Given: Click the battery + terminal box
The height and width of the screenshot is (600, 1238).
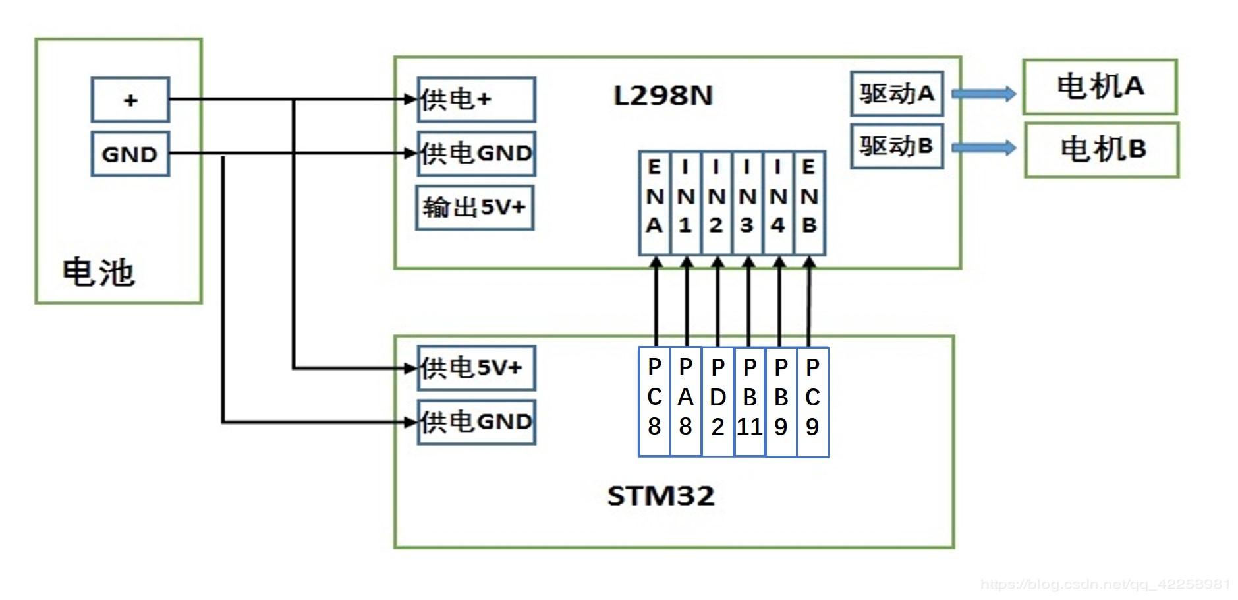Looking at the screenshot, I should tap(130, 100).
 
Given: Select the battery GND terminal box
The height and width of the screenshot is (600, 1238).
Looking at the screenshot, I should tap(130, 154).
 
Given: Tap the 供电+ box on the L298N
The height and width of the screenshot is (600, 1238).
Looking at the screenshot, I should tap(476, 100).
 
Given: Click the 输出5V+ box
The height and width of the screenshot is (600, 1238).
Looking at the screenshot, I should tap(474, 208).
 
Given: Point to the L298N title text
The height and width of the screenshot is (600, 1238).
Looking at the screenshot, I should tap(663, 96).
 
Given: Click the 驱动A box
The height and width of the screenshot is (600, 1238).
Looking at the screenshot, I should tap(897, 94).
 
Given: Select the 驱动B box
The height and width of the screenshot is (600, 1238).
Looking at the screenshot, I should tap(897, 146).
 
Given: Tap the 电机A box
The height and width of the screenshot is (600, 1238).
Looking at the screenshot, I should tap(1100, 86).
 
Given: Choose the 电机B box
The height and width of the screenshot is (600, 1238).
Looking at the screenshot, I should tap(1102, 150).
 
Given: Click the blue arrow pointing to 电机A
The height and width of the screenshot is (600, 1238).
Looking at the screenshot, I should tap(984, 94).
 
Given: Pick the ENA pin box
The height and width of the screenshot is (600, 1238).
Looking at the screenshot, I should tap(654, 203).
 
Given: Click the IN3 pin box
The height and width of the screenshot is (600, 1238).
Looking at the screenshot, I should tap(747, 203).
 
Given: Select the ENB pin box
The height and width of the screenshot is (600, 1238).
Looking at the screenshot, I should tap(810, 203).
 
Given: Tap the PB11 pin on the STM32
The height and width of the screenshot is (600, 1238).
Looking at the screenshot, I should tap(750, 402).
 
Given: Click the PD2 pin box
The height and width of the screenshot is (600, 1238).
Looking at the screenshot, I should tap(718, 402).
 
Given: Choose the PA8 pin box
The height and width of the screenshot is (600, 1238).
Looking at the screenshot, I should tap(686, 402).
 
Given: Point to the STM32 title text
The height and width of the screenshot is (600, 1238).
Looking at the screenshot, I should tap(661, 496).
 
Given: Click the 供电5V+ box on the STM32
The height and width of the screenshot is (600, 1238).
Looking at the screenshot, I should tap(476, 368).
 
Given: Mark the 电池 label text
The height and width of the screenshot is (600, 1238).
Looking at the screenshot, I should tap(99, 272).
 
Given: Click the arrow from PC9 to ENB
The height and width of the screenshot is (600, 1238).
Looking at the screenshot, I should tap(809, 303).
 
